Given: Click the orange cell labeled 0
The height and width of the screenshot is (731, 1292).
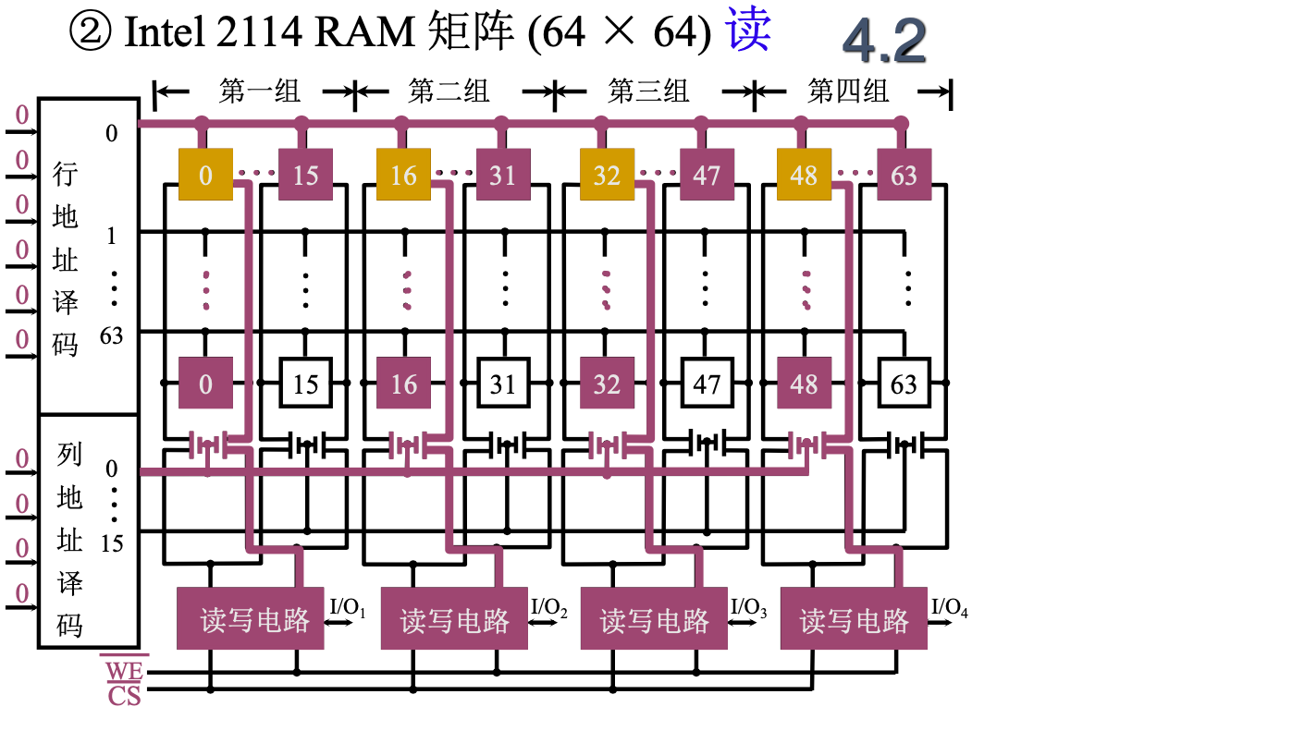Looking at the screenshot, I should pyautogui.click(x=205, y=175).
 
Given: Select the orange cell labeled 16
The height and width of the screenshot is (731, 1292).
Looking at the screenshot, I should pyautogui.click(x=403, y=175).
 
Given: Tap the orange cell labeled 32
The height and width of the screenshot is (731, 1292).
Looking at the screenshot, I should pyautogui.click(x=607, y=175).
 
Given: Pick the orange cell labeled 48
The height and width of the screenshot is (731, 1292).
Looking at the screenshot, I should pyautogui.click(x=804, y=175).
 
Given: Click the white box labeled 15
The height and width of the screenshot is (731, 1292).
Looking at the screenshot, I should pyautogui.click(x=305, y=384).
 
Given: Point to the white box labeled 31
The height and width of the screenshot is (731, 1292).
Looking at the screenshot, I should pyautogui.click(x=503, y=384).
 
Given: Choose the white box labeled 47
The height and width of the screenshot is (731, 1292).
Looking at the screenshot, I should pyautogui.click(x=707, y=384).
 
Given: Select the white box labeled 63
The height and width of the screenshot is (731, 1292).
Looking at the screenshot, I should pyautogui.click(x=904, y=384).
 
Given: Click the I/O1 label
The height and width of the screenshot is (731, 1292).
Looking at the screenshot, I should pyautogui.click(x=348, y=608).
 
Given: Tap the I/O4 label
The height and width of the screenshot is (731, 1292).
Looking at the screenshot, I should pyautogui.click(x=949, y=607).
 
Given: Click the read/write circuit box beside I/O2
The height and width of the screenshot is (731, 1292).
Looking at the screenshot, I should pyautogui.click(x=454, y=619).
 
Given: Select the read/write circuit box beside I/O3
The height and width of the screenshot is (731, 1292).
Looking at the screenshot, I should pyautogui.click(x=654, y=619).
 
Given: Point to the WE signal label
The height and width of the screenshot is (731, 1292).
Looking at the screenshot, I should pyautogui.click(x=123, y=668).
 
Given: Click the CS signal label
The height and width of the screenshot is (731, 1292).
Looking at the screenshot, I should pyautogui.click(x=124, y=695).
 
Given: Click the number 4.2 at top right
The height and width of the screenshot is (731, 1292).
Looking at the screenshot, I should pyautogui.click(x=884, y=41).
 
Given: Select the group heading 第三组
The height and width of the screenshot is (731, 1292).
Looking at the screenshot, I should pyautogui.click(x=648, y=91).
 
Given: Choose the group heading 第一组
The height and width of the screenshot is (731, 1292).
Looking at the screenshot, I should pyautogui.click(x=260, y=91).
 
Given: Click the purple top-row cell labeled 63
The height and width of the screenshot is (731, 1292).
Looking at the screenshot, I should pyautogui.click(x=904, y=175).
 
